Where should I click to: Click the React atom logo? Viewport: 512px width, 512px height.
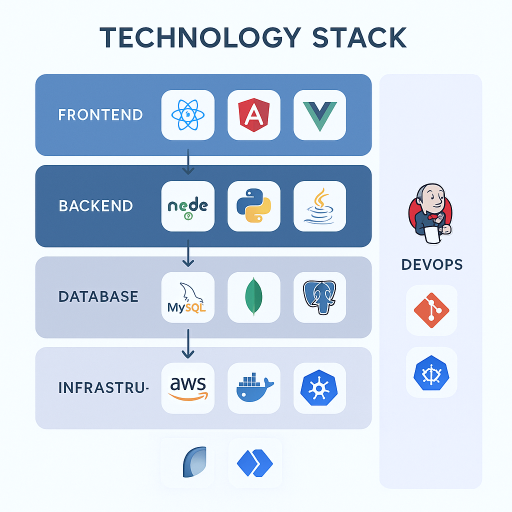(x=187, y=114)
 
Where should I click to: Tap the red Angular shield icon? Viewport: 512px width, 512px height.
(x=253, y=114)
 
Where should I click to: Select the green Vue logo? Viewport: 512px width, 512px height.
(x=319, y=114)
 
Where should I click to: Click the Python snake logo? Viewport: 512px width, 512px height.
(x=253, y=206)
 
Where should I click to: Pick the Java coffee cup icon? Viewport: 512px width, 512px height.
(x=319, y=206)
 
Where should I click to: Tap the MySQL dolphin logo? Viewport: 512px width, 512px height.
(x=187, y=297)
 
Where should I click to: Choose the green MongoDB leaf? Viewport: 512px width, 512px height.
(x=253, y=297)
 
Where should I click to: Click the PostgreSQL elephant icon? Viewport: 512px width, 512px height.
(x=319, y=297)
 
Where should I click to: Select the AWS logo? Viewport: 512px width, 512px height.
(x=187, y=388)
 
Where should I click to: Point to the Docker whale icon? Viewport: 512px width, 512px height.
(x=253, y=388)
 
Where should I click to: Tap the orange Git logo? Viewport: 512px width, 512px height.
(x=431, y=310)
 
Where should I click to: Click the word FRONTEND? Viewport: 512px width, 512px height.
(x=100, y=115)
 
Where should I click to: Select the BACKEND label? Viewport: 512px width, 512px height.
(x=96, y=206)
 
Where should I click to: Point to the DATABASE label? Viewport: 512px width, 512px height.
(x=98, y=296)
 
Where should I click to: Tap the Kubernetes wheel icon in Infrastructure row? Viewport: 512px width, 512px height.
(x=319, y=388)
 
